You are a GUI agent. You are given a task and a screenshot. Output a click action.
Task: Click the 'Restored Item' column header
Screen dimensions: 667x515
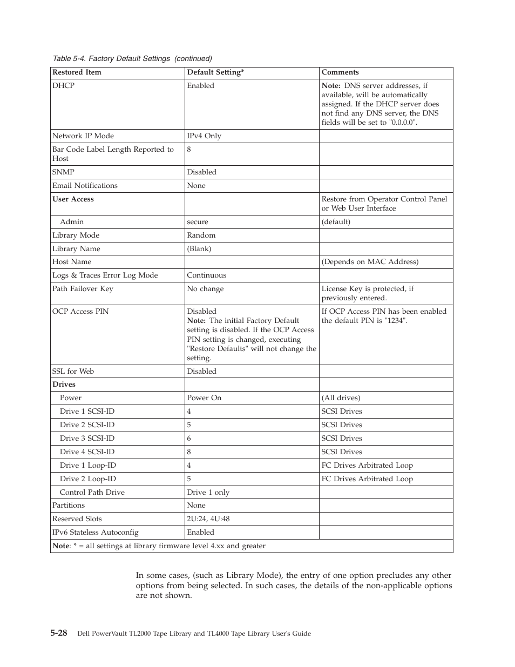pos(77,72)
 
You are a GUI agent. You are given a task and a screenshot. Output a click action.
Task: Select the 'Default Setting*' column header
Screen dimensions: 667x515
pos(215,72)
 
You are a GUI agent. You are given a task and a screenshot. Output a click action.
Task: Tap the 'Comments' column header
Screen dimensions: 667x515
pos(340,72)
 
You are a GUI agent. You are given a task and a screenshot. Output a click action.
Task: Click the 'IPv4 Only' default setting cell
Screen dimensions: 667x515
pos(204,136)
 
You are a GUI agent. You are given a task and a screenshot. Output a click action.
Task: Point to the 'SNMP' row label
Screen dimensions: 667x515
pos(63,172)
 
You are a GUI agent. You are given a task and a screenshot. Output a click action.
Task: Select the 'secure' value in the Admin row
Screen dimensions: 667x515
pos(198,222)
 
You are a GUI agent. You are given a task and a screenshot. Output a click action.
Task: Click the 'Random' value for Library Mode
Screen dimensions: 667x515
pos(201,235)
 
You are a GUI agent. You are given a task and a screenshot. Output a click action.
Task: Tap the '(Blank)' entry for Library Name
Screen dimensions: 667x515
pos(199,249)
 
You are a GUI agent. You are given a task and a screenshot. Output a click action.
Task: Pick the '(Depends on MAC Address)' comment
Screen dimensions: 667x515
pos(370,262)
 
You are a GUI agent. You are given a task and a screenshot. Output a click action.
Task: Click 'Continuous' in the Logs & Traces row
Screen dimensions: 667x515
pos(207,275)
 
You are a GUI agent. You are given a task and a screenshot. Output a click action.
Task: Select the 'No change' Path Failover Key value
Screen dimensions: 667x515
pos(205,289)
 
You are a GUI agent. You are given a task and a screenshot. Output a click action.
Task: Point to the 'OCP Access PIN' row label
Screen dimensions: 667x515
pos(80,312)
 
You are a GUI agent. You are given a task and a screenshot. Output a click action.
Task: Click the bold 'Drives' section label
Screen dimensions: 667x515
pos(64,385)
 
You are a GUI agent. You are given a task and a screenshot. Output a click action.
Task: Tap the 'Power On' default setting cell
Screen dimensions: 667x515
pos(204,398)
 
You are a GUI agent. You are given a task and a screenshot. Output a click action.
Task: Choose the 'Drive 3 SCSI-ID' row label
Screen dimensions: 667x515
pos(87,439)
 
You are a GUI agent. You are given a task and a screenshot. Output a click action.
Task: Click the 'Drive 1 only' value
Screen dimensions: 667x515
pos(208,493)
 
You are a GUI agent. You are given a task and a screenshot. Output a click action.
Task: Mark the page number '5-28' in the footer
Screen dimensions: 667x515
pos(59,633)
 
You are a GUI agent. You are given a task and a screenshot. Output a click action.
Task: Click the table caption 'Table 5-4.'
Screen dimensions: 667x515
pos(69,58)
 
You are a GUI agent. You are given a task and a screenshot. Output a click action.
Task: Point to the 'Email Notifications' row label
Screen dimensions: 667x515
pos(85,186)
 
